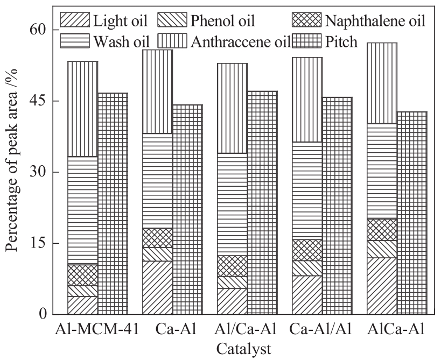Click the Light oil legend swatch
coord(74,22)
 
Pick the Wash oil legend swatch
coord(74,41)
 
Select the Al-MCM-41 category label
coord(97,329)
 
